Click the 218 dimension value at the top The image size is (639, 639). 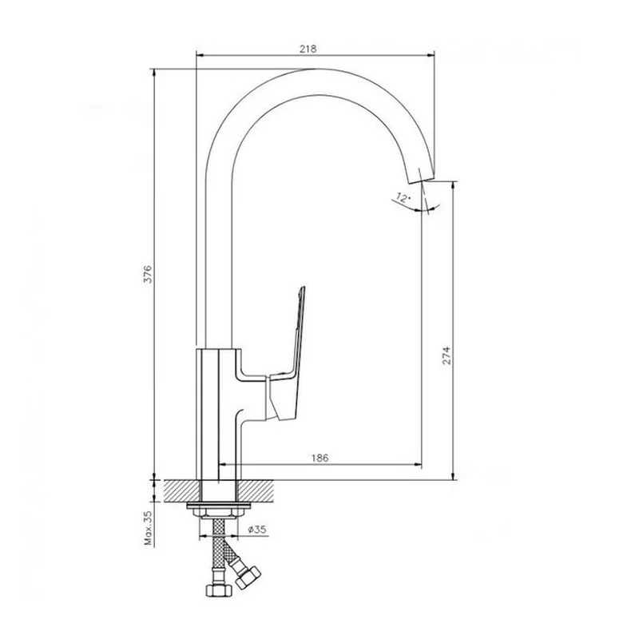pyautogui.click(x=308, y=49)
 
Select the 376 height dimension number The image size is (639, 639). pyautogui.click(x=148, y=274)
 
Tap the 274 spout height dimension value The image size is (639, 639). pyautogui.click(x=447, y=355)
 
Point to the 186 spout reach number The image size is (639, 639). pyautogui.click(x=320, y=458)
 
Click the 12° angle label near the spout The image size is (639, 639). pyautogui.click(x=403, y=198)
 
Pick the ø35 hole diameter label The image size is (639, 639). pyautogui.click(x=257, y=529)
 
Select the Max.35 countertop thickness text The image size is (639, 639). pyautogui.click(x=148, y=528)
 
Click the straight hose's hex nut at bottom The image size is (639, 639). pyautogui.click(x=218, y=589)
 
